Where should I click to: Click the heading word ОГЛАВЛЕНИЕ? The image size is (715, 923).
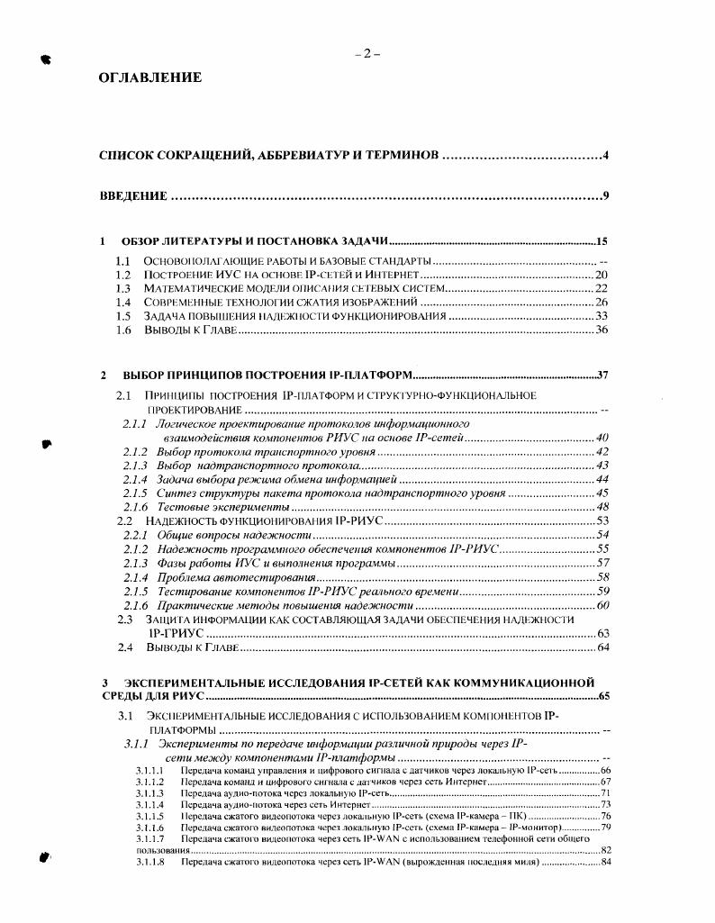click(149, 78)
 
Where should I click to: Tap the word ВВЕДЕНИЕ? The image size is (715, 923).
click(132, 195)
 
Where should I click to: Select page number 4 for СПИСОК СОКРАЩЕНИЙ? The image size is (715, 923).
click(606, 156)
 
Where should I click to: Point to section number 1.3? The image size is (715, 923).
click(124, 287)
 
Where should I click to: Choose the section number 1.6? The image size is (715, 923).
click(124, 330)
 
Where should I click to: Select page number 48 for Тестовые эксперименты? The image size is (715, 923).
click(602, 507)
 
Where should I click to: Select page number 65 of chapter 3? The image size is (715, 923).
click(602, 696)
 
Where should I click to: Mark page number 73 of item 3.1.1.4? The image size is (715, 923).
click(605, 804)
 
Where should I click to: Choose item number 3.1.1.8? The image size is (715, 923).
click(149, 862)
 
